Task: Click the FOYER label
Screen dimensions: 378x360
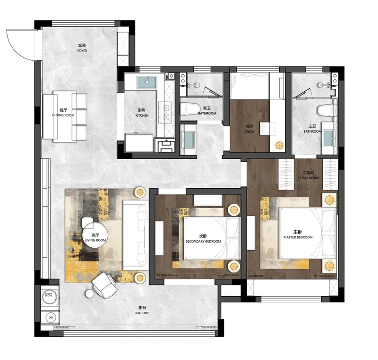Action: pyautogui.click(x=82, y=51)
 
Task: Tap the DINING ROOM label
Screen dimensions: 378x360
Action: pyautogui.click(x=63, y=115)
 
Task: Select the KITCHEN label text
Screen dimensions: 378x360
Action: pyautogui.click(x=142, y=115)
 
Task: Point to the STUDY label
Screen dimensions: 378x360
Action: pyautogui.click(x=249, y=132)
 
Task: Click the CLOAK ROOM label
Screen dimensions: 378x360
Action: pyautogui.click(x=309, y=178)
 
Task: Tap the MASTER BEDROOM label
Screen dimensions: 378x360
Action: pyautogui.click(x=298, y=237)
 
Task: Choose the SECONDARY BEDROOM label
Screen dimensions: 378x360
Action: pyautogui.click(x=203, y=241)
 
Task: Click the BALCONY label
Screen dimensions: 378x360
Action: pyautogui.click(x=142, y=313)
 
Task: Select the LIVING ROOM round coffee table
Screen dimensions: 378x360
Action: pyautogui.click(x=95, y=235)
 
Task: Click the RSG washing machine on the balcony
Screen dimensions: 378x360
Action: pyautogui.click(x=49, y=295)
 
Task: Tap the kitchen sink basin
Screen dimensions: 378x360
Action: pyautogui.click(x=147, y=82)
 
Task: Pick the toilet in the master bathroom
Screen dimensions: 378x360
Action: pyautogui.click(x=326, y=111)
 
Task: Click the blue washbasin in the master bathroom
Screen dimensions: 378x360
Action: pyautogui.click(x=328, y=138)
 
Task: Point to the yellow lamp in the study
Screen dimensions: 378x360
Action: pyautogui.click(x=279, y=145)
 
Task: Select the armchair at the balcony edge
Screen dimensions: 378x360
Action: pyautogui.click(x=104, y=285)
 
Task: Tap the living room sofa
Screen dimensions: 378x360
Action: pyautogui.click(x=136, y=235)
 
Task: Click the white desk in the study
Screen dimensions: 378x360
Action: pyautogui.click(x=267, y=129)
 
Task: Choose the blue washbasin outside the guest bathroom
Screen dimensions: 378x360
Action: pyautogui.click(x=188, y=140)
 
